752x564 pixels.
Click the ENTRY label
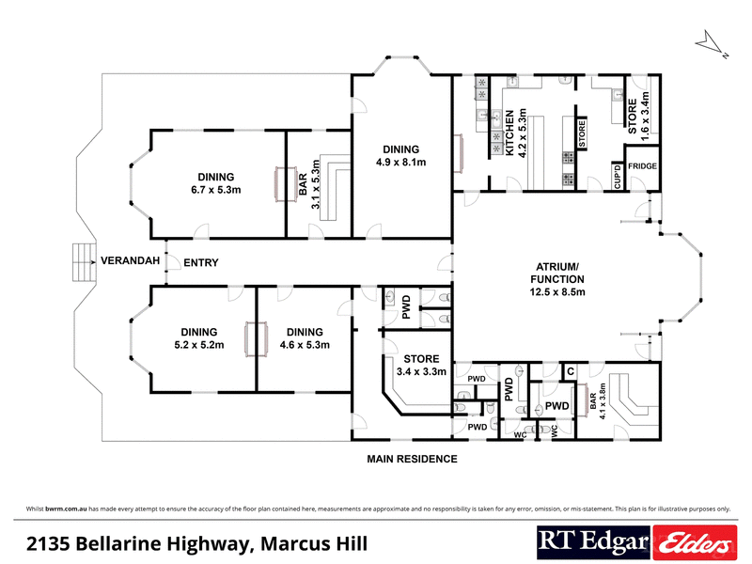click(x=201, y=263)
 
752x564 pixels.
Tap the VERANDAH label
click(x=128, y=260)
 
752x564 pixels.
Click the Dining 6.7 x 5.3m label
click(x=215, y=182)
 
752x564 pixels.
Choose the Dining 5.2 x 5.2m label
click(x=196, y=337)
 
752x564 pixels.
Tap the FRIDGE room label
click(x=643, y=166)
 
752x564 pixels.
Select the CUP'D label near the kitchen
click(x=617, y=175)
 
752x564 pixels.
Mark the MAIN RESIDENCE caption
click(x=412, y=460)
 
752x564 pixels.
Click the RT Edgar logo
click(x=593, y=542)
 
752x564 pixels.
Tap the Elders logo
click(x=694, y=542)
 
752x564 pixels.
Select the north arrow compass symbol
click(x=712, y=45)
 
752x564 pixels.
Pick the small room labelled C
click(x=571, y=373)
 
